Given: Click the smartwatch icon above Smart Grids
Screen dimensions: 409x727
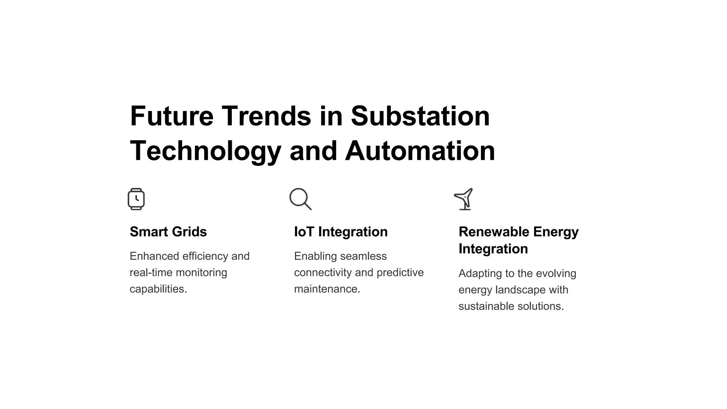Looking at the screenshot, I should click(x=136, y=199).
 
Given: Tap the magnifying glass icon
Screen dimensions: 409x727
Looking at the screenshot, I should click(x=300, y=198).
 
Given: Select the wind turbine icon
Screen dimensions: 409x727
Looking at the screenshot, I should click(x=464, y=199).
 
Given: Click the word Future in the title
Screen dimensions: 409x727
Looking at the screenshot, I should click(x=172, y=116).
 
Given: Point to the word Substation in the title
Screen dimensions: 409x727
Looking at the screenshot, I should click(x=420, y=116).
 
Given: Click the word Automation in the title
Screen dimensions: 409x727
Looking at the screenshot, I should click(x=420, y=151).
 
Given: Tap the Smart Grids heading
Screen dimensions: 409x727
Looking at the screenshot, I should click(x=168, y=232).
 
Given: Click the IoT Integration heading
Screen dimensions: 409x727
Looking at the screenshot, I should click(x=341, y=232).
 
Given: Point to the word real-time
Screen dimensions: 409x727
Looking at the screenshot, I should click(x=151, y=273).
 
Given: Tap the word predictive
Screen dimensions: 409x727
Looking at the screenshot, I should click(x=400, y=273).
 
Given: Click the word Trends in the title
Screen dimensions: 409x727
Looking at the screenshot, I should click(x=266, y=116).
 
